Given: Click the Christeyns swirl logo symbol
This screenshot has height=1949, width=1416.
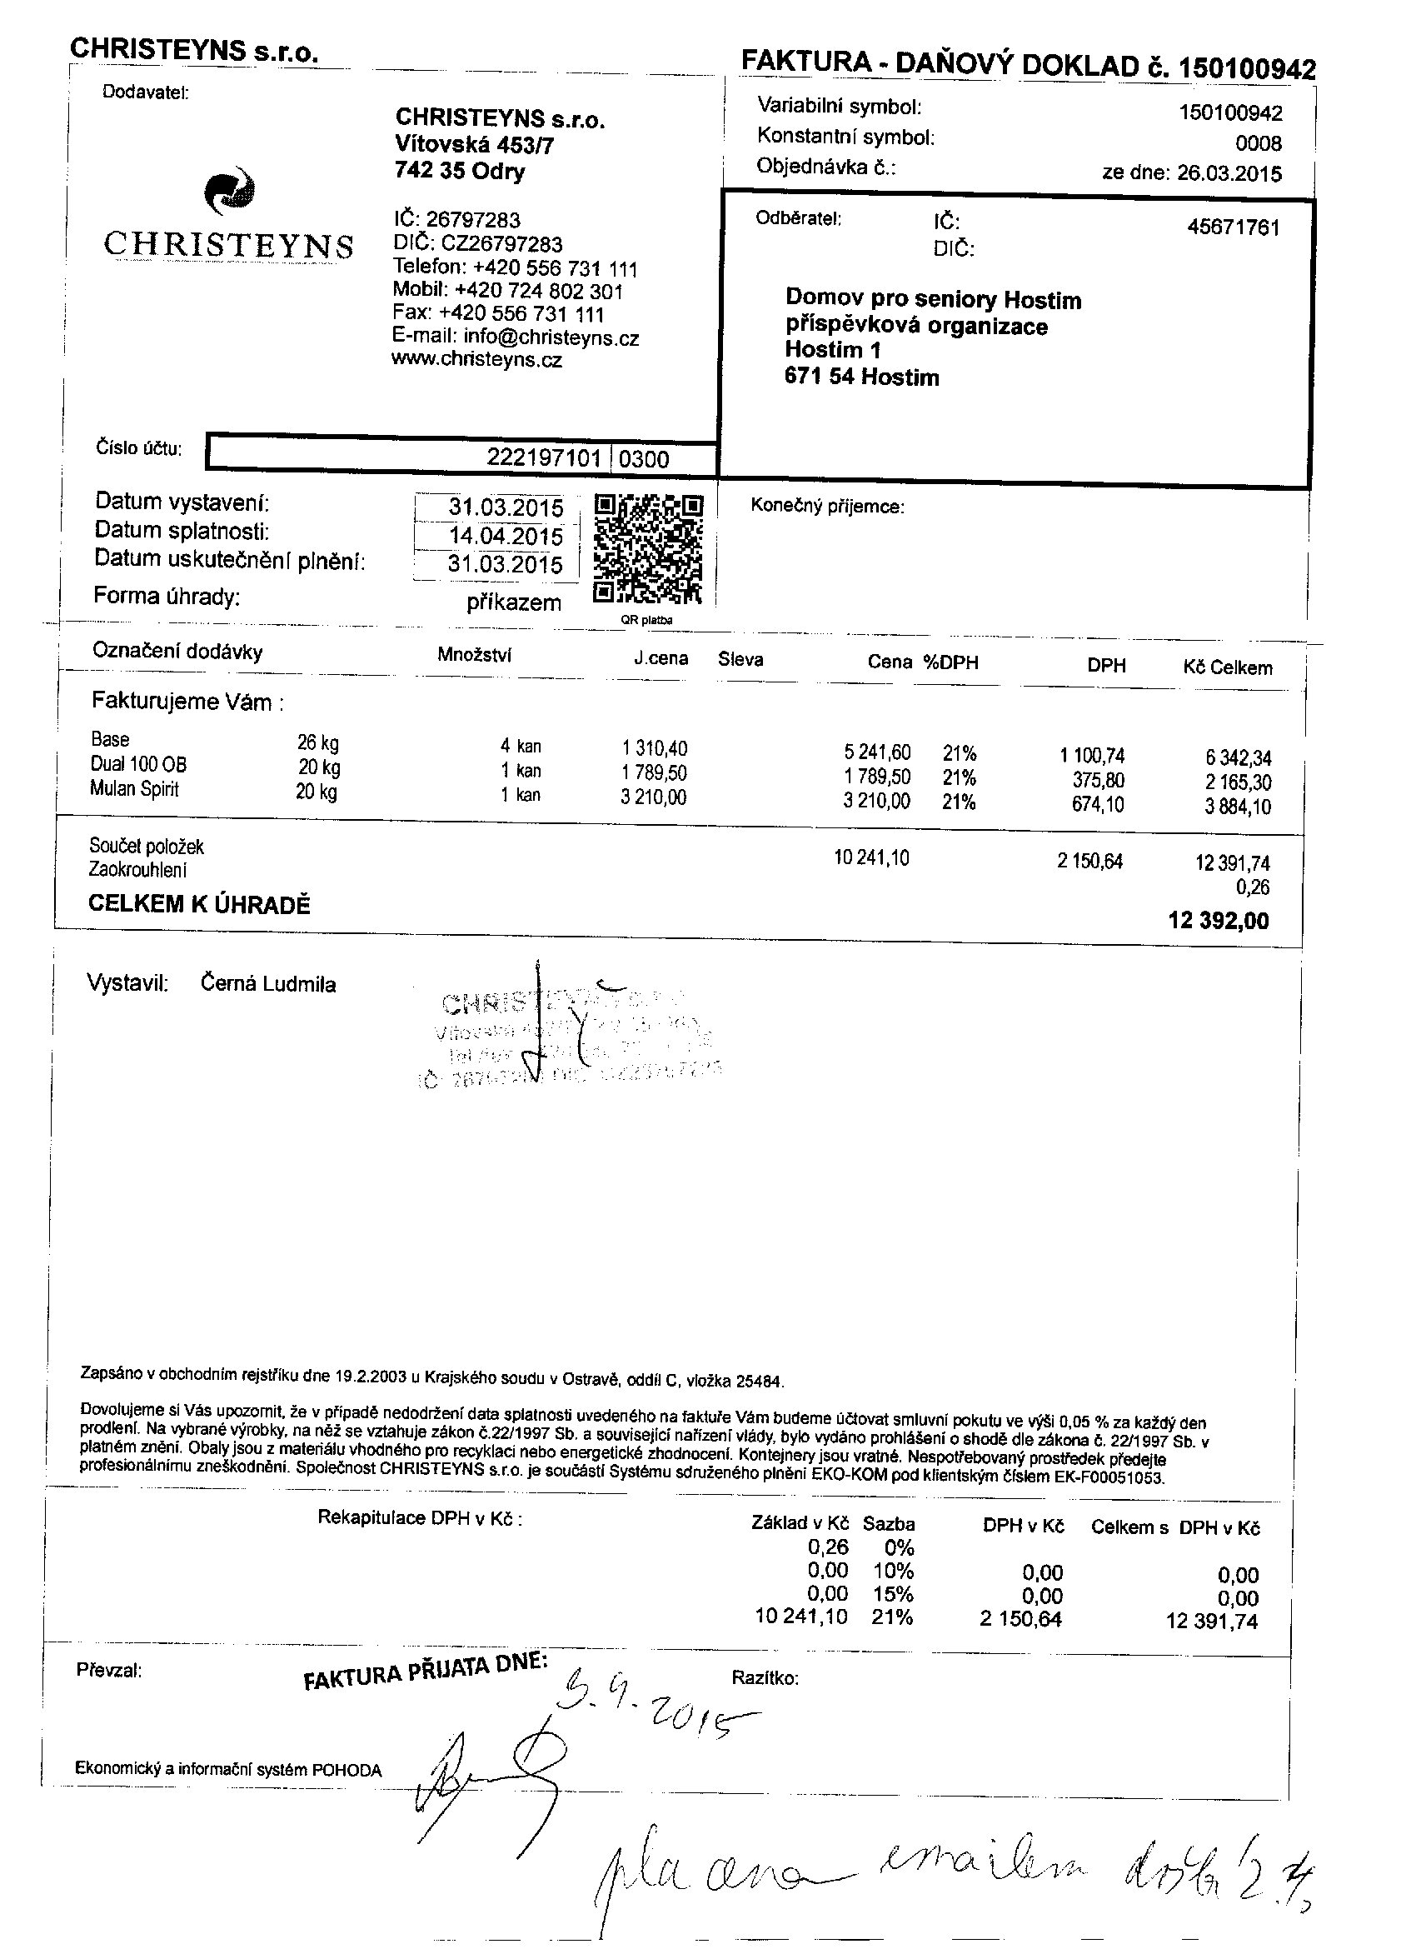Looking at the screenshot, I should pyautogui.click(x=229, y=191).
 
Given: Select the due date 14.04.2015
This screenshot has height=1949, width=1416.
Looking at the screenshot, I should pyautogui.click(x=506, y=537).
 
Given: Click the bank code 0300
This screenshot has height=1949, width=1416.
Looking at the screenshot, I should pyautogui.click(x=644, y=459).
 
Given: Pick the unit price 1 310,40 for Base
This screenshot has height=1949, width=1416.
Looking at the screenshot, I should pyautogui.click(x=655, y=748).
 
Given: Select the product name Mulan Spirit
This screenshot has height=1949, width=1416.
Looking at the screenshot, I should pyautogui.click(x=135, y=790).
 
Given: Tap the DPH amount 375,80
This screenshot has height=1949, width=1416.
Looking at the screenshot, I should pyautogui.click(x=1098, y=780).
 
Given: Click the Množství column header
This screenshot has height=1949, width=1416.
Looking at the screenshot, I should pyautogui.click(x=474, y=655).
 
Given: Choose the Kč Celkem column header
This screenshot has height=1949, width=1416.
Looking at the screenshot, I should pyautogui.click(x=1227, y=667).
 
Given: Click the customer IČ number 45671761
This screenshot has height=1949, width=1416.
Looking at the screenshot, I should pyautogui.click(x=1233, y=227).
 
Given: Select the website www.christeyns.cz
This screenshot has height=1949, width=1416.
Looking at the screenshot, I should pyautogui.click(x=477, y=360).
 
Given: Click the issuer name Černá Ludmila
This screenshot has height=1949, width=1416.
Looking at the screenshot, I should pyautogui.click(x=268, y=984).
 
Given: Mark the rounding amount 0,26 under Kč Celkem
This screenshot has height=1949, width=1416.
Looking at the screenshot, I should pyautogui.click(x=1252, y=887).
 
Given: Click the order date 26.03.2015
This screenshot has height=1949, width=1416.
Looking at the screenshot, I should pyautogui.click(x=1229, y=172).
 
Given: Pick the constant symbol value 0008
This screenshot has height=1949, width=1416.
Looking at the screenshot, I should pyautogui.click(x=1258, y=143).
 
